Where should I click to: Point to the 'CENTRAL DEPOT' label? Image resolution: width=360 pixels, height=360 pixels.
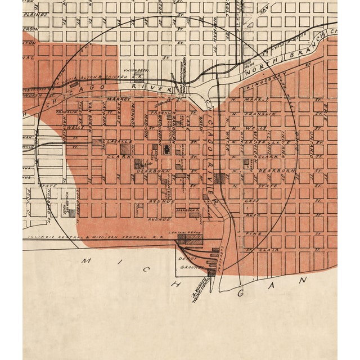[178, 232]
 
